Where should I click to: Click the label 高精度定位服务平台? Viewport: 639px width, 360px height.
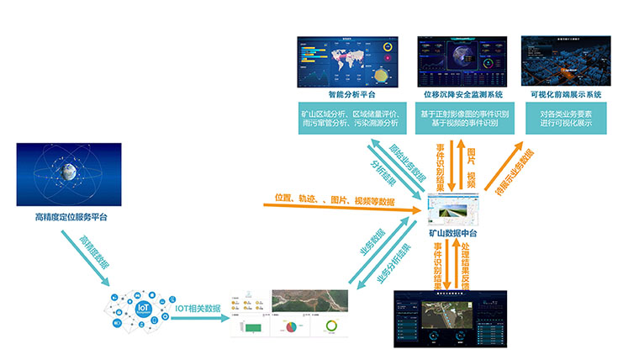[71, 217]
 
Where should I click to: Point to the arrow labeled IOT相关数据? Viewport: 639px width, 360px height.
[198, 310]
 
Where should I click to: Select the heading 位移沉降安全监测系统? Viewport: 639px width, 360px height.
[462, 95]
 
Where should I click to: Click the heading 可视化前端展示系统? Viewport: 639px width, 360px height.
[571, 95]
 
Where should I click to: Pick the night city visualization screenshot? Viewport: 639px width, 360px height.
[571, 60]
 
